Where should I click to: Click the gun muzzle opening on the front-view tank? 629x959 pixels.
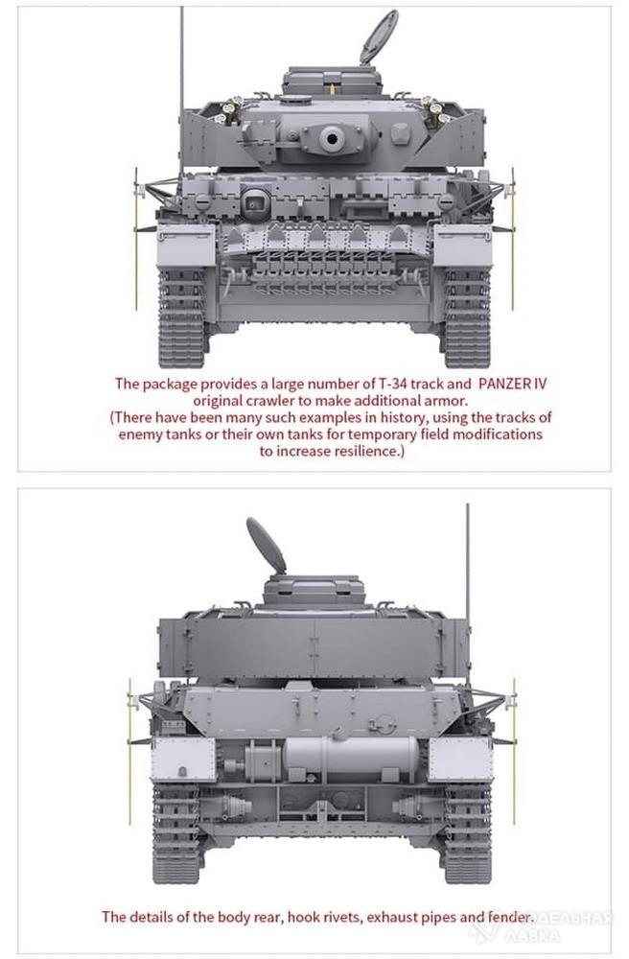(332, 137)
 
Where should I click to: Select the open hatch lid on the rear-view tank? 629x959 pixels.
(266, 545)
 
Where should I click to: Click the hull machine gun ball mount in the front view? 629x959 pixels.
(254, 199)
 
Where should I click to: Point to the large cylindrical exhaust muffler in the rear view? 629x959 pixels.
(351, 758)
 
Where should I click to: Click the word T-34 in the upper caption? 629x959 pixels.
(392, 385)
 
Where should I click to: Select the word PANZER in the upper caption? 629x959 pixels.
(505, 385)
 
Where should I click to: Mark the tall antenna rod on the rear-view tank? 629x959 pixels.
(468, 594)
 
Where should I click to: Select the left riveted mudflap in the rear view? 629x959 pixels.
(183, 759)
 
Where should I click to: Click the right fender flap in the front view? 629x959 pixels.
(463, 246)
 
